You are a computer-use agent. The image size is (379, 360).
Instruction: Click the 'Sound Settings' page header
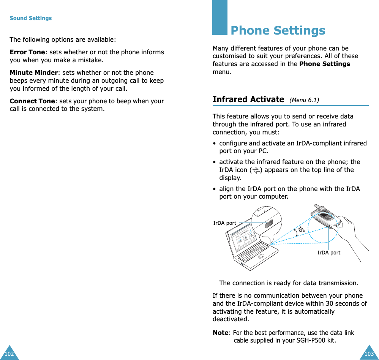pyautogui.click(x=30, y=18)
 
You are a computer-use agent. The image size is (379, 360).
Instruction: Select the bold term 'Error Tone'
pyautogui.click(x=27, y=52)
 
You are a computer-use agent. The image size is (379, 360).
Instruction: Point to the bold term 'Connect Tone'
pyautogui.click(x=32, y=101)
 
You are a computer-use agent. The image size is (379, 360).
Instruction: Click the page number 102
pyautogui.click(x=9, y=354)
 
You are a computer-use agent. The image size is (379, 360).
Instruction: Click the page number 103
pyautogui.click(x=369, y=354)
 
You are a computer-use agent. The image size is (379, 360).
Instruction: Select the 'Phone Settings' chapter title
pyautogui.click(x=278, y=30)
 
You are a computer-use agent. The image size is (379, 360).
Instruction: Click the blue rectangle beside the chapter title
pyautogui.click(x=220, y=17)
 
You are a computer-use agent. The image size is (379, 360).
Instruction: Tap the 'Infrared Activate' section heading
pyautogui.click(x=248, y=99)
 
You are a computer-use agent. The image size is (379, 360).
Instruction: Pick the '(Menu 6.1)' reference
pyautogui.click(x=304, y=100)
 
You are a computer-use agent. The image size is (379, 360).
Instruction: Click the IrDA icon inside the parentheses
pyautogui.click(x=256, y=170)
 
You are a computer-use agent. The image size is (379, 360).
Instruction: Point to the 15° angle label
pyautogui.click(x=301, y=230)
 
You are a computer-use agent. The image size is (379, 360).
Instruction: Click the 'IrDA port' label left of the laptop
pyautogui.click(x=224, y=223)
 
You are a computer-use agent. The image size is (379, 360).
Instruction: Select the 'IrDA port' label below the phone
pyautogui.click(x=329, y=253)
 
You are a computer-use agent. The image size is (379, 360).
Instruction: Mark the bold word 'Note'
pyautogui.click(x=220, y=333)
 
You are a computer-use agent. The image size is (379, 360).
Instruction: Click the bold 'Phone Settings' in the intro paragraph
pyautogui.click(x=324, y=64)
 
